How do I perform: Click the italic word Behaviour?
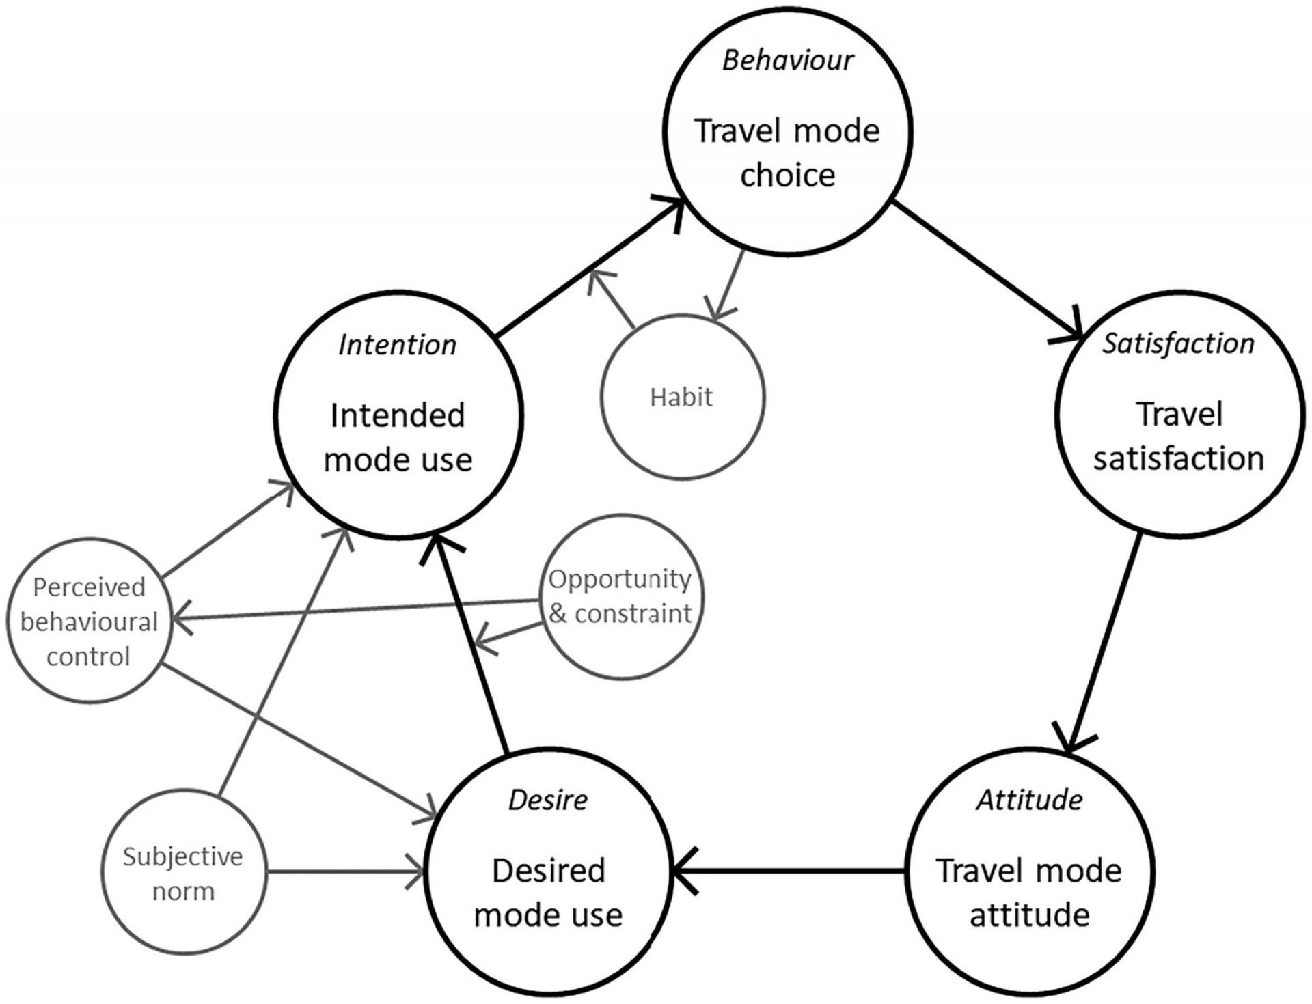787,61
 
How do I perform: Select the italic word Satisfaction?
1178,344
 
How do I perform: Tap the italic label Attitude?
1029,800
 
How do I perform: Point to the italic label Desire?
548,800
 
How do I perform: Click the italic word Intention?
397,345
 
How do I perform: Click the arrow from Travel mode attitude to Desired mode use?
790,871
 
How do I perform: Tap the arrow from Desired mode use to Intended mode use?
468,643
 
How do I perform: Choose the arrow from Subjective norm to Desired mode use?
346,871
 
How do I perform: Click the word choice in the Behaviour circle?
787,176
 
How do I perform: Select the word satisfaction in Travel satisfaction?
1178,458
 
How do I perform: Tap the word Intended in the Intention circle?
397,415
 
